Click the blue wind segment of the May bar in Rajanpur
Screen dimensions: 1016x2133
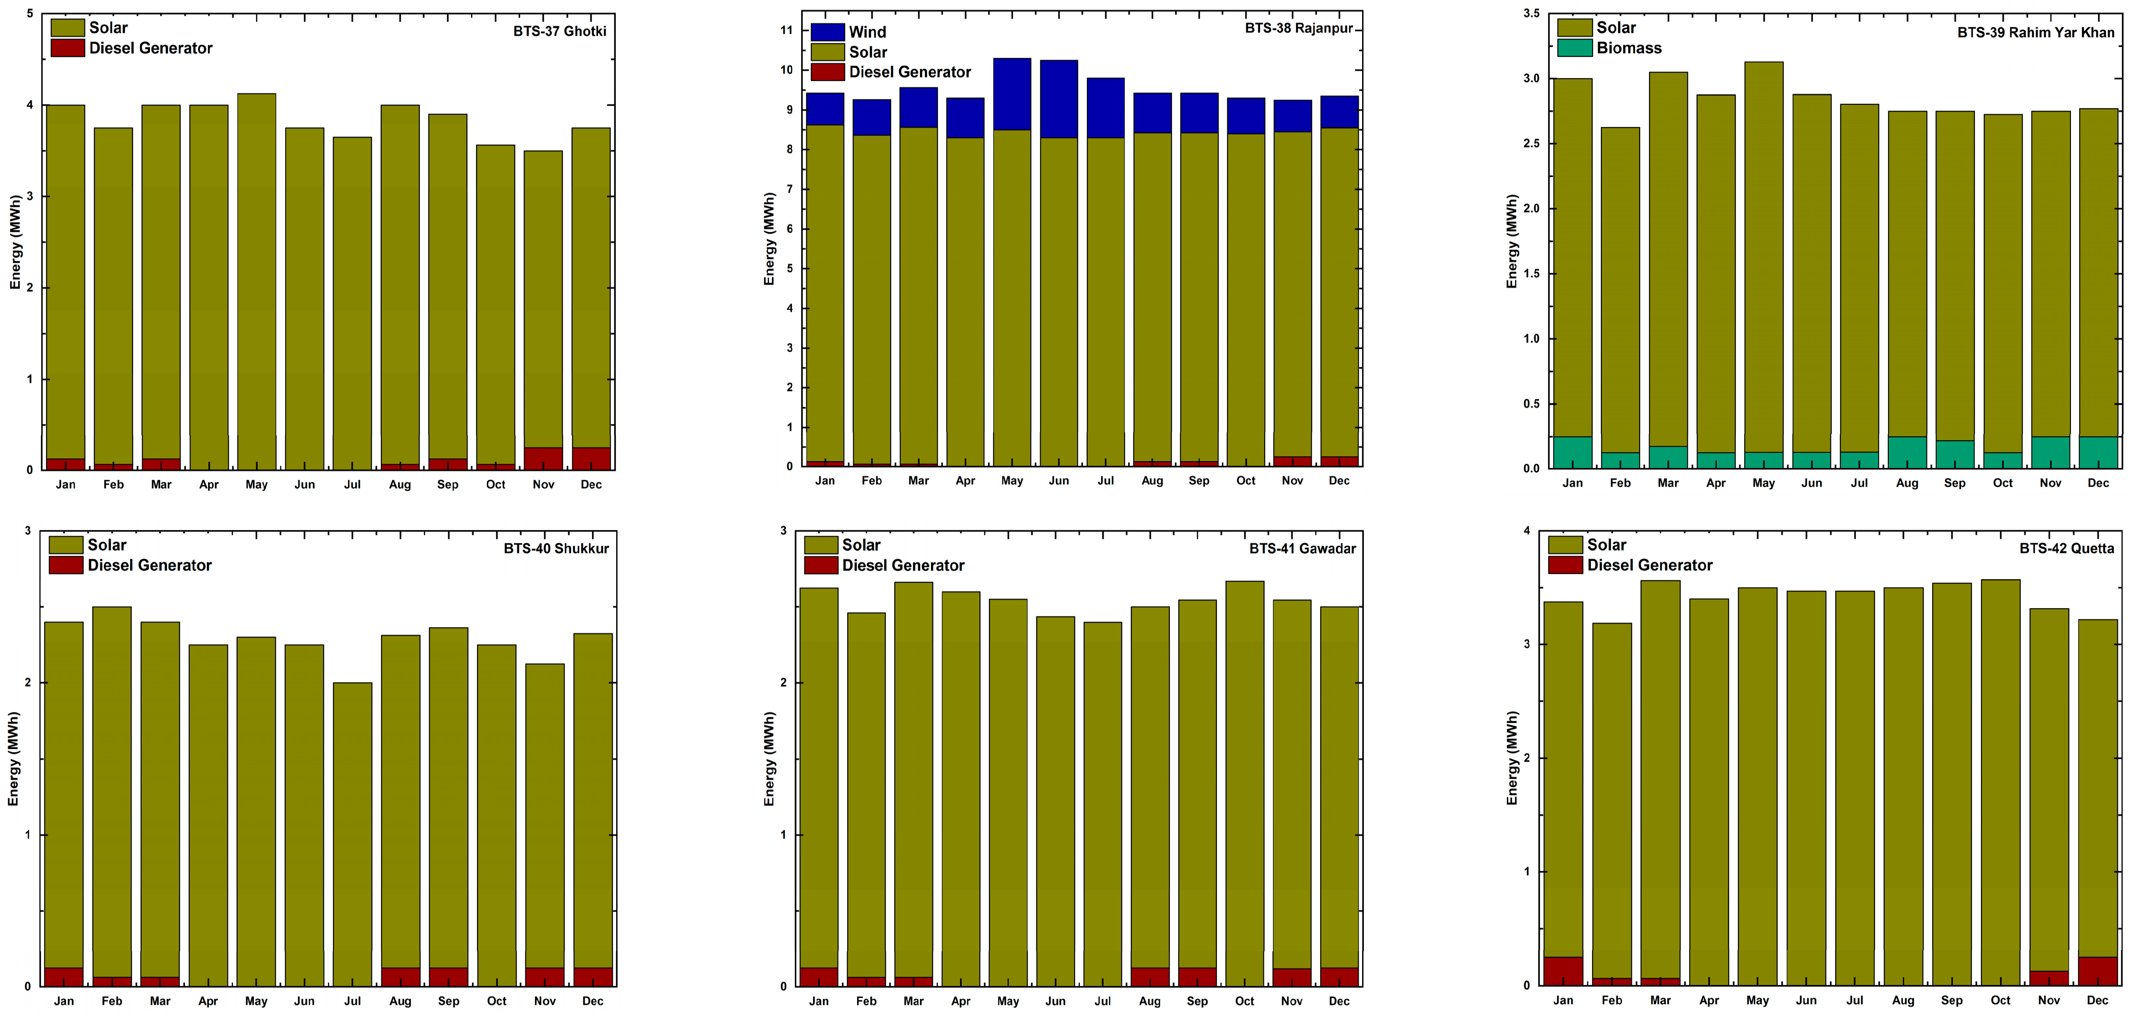(1012, 94)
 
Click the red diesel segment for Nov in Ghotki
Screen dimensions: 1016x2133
(543, 459)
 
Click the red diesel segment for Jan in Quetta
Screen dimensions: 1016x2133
(1563, 970)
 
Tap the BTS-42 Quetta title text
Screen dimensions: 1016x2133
(2066, 548)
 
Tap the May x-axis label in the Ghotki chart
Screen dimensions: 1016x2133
(257, 485)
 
